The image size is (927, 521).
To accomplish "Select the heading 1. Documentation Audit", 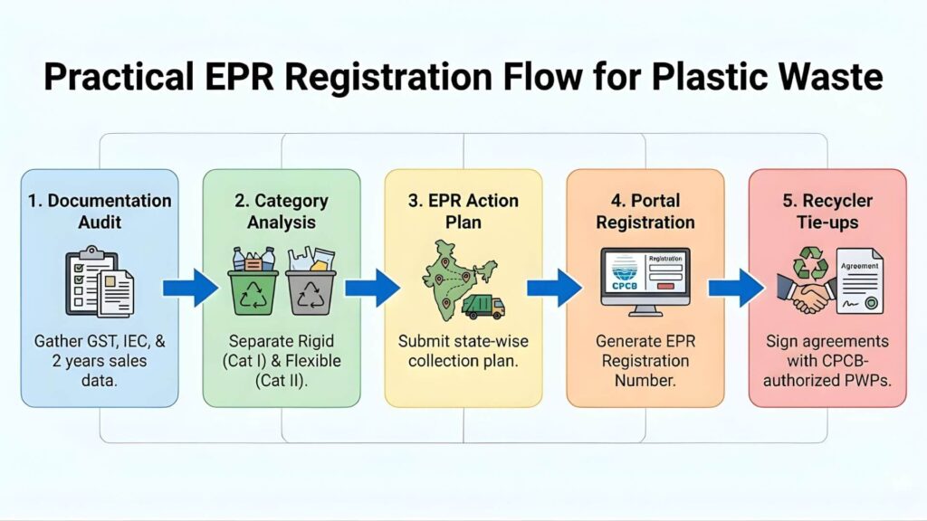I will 100,211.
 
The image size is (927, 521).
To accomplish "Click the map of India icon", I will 459,271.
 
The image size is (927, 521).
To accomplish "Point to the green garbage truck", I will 483,307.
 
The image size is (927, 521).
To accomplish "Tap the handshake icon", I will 805,293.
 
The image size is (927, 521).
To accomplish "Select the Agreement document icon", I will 858,280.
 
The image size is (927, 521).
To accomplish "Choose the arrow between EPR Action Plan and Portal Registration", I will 553,288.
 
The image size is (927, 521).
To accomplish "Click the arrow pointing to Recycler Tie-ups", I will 735,288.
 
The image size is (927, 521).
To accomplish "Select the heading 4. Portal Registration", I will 645,211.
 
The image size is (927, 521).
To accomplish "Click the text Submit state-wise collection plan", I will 463,352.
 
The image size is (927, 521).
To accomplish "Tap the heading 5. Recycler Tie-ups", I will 827,211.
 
